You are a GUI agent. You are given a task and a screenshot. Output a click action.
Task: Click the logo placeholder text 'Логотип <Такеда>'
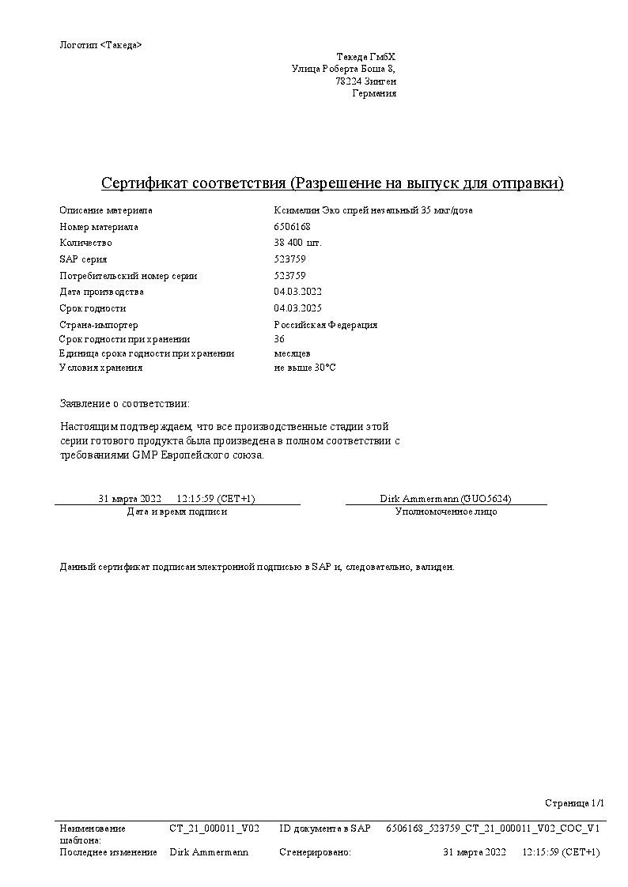point(100,45)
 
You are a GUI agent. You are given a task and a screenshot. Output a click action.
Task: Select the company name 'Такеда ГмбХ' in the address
point(366,57)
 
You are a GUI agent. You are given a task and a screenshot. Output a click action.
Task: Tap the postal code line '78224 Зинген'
point(365,81)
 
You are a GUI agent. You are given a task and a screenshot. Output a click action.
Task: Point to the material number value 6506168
point(292,227)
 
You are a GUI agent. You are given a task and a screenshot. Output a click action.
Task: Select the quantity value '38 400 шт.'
point(297,243)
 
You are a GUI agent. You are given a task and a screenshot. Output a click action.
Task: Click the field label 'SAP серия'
point(83,259)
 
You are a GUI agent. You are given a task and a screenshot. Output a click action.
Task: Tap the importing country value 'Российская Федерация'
point(325,325)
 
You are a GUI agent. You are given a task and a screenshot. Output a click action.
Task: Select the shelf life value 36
point(279,339)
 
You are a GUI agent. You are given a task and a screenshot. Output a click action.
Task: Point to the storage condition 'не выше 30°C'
point(305,368)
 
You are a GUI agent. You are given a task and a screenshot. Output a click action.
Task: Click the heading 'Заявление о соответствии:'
point(125,404)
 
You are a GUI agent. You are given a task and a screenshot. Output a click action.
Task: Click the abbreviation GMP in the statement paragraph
point(140,455)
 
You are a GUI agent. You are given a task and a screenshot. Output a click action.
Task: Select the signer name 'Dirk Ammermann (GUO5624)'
point(445,499)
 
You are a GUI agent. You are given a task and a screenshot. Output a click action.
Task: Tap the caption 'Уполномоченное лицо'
point(446,511)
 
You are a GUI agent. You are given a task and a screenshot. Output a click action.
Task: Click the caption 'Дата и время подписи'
point(177,511)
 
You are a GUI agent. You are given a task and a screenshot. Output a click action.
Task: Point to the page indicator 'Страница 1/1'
point(574,803)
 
